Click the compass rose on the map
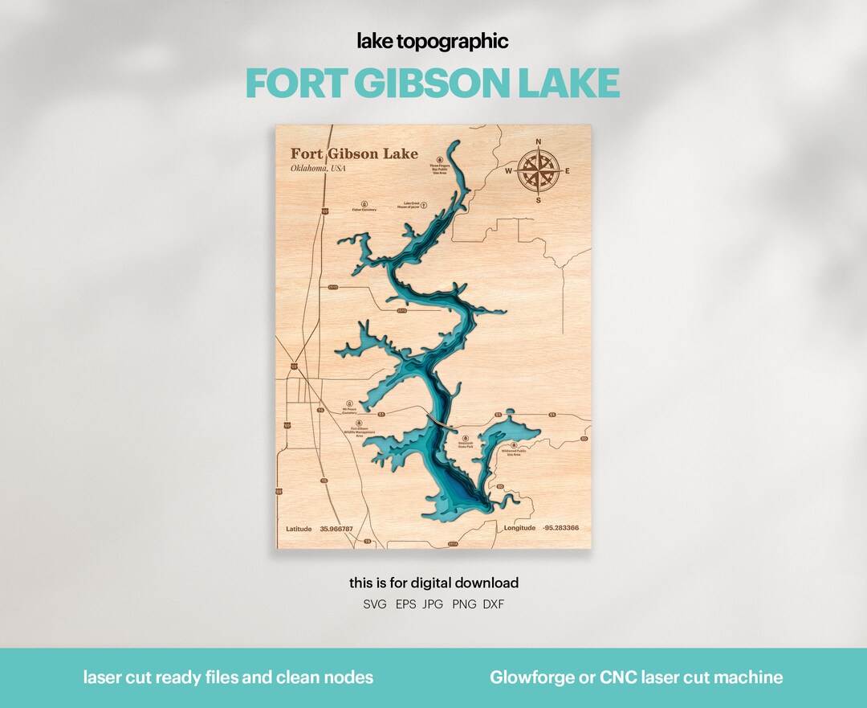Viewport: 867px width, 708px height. [537, 171]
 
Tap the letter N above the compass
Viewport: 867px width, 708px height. [538, 143]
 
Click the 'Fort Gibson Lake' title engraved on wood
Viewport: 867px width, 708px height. [354, 153]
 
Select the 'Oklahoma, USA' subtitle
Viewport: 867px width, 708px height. [318, 168]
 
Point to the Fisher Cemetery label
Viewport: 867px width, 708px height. [364, 210]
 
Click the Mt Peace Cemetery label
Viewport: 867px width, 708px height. [349, 411]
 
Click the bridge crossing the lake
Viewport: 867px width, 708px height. [438, 419]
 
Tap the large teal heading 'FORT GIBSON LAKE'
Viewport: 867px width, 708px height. [433, 83]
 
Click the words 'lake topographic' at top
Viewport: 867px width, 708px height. [433, 42]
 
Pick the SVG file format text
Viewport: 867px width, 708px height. [375, 604]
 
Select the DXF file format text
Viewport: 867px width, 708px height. [494, 604]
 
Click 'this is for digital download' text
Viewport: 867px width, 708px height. [433, 583]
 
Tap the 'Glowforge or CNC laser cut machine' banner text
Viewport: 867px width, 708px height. [636, 677]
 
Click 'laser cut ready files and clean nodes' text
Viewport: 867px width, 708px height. [228, 677]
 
